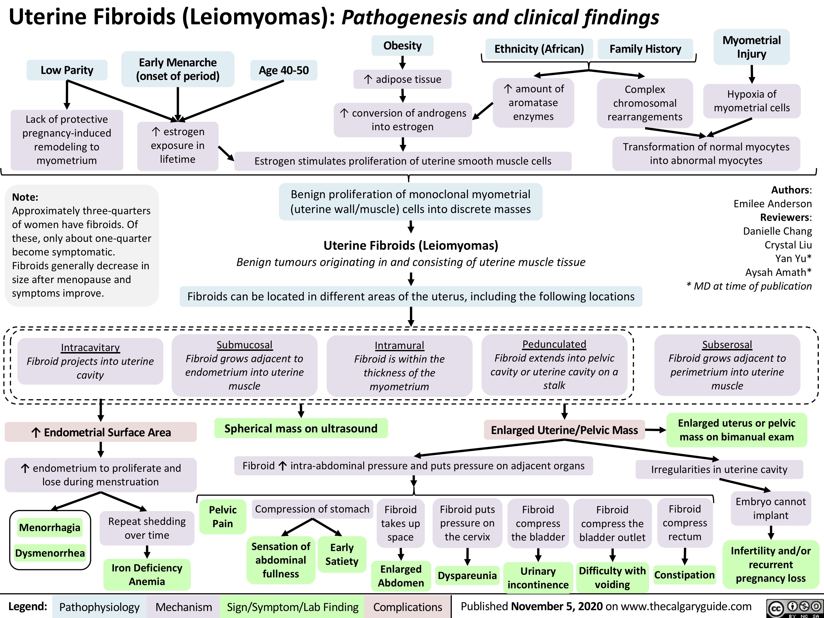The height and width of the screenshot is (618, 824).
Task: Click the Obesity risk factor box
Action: coord(402,46)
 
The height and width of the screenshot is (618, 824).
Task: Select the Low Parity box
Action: coord(67,70)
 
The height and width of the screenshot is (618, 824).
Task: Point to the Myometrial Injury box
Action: coord(751,47)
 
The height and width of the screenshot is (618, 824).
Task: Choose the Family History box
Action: coord(645,49)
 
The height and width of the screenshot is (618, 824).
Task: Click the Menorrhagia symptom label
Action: coord(50,528)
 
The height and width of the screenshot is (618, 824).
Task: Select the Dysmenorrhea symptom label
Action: coord(50,553)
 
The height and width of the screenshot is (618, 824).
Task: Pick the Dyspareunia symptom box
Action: coord(467,576)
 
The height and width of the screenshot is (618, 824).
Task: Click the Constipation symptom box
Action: coord(684,575)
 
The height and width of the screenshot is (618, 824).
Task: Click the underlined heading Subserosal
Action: coord(727,345)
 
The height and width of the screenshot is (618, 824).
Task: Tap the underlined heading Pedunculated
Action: coord(554,344)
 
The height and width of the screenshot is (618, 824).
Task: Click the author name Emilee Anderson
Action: coord(772,204)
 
